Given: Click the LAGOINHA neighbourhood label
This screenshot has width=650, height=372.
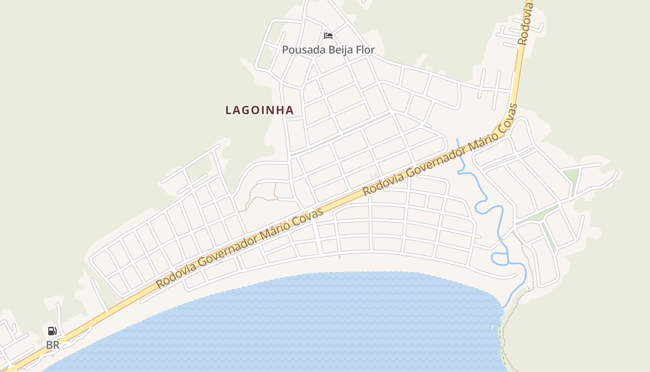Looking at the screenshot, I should [260, 110].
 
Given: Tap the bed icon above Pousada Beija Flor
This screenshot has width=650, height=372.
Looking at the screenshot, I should [328, 35].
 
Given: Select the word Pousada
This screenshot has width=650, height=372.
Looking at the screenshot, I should [301, 50].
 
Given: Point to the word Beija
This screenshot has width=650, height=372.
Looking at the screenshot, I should [341, 50].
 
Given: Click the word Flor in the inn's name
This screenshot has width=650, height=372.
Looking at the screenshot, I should [365, 50].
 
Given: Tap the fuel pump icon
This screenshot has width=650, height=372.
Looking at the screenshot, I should [52, 331].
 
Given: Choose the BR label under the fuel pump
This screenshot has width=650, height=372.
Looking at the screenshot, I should [52, 345].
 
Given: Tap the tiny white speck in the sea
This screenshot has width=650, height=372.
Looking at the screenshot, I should [492, 328].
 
